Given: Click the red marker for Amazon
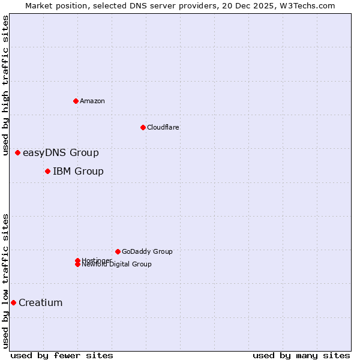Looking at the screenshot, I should coord(76,101).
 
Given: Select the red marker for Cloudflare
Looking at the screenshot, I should coord(143,127).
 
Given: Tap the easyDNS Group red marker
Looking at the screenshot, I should coord(18,153).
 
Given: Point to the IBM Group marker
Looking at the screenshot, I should coord(47,172).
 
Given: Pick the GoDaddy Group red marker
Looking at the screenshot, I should coord(118,251).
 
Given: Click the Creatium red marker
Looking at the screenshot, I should coord(13,302).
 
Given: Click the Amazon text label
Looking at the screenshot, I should coord(92,101).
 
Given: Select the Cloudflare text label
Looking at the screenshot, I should coord(163,127).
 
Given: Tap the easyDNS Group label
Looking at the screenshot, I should coord(61,153).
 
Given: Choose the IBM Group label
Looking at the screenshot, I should coord(78,172).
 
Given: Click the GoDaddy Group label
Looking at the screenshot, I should coord(147,251).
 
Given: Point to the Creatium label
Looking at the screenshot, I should coord(40,302).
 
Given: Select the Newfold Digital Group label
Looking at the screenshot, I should coord(116,264).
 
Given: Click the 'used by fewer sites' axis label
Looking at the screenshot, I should coord(62,355).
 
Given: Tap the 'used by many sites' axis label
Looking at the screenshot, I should coord(301,355).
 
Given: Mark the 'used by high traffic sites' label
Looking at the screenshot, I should coord(5,85).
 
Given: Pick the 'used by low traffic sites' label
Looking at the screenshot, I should coord(5,280).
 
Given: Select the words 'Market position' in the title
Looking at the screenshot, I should coord(53,5).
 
